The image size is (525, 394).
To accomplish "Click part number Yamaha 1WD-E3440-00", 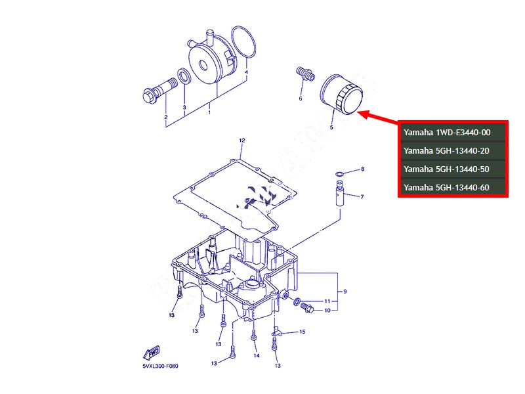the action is [447, 133].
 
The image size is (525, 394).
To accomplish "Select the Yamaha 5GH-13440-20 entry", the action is [446, 151].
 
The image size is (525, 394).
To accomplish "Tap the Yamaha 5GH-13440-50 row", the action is [446, 169].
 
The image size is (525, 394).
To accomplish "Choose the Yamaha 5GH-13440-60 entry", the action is [446, 188].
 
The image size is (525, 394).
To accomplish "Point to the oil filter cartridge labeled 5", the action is [341, 94].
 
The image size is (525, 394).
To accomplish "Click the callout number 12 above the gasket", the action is [241, 141].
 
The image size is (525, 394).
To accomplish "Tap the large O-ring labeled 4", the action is [243, 42].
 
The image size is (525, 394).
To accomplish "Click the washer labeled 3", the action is [184, 76].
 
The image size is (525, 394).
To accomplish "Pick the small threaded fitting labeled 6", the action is [305, 74].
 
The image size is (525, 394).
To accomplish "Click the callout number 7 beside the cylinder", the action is [362, 196].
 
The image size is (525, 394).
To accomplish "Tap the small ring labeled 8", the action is [339, 174].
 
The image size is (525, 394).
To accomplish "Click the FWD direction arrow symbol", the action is [152, 353].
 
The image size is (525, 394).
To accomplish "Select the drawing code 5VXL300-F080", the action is [160, 366].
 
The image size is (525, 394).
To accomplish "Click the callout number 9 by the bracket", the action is [345, 292].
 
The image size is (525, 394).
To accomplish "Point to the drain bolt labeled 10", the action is [307, 307].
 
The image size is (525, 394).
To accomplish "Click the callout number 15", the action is [302, 332].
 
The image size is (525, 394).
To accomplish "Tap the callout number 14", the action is [256, 355].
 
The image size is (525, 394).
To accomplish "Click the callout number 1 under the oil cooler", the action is [209, 112].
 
